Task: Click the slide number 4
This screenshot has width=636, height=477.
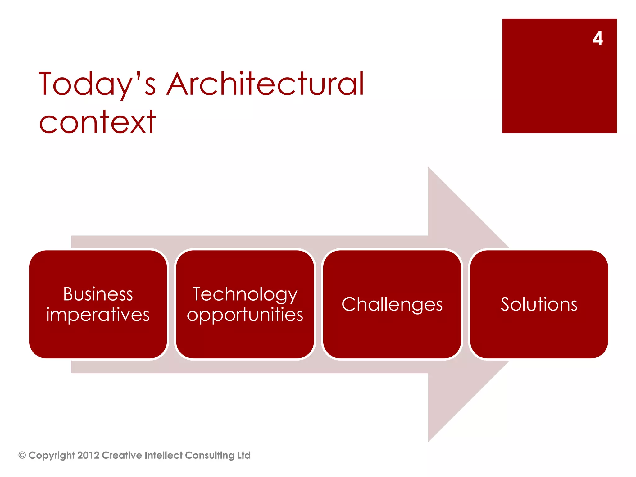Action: [x=597, y=39]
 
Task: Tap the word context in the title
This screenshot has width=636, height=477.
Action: [x=97, y=123]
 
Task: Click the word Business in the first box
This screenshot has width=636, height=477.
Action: [x=98, y=294]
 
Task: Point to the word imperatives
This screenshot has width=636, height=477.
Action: [x=98, y=315]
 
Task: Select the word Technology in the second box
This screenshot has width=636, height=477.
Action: [x=245, y=294]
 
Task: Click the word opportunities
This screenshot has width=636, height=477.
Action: [x=245, y=315]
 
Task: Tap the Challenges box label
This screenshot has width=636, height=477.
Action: [x=392, y=304]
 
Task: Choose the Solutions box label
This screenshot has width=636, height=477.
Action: [x=539, y=304]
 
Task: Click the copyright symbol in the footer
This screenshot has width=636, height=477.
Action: [x=22, y=455]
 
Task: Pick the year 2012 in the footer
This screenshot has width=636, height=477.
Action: [x=88, y=455]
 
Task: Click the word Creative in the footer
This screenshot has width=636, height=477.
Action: [x=122, y=455]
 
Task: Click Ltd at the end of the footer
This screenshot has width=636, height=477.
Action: [x=244, y=455]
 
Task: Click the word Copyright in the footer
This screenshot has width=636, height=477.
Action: [x=52, y=455]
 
